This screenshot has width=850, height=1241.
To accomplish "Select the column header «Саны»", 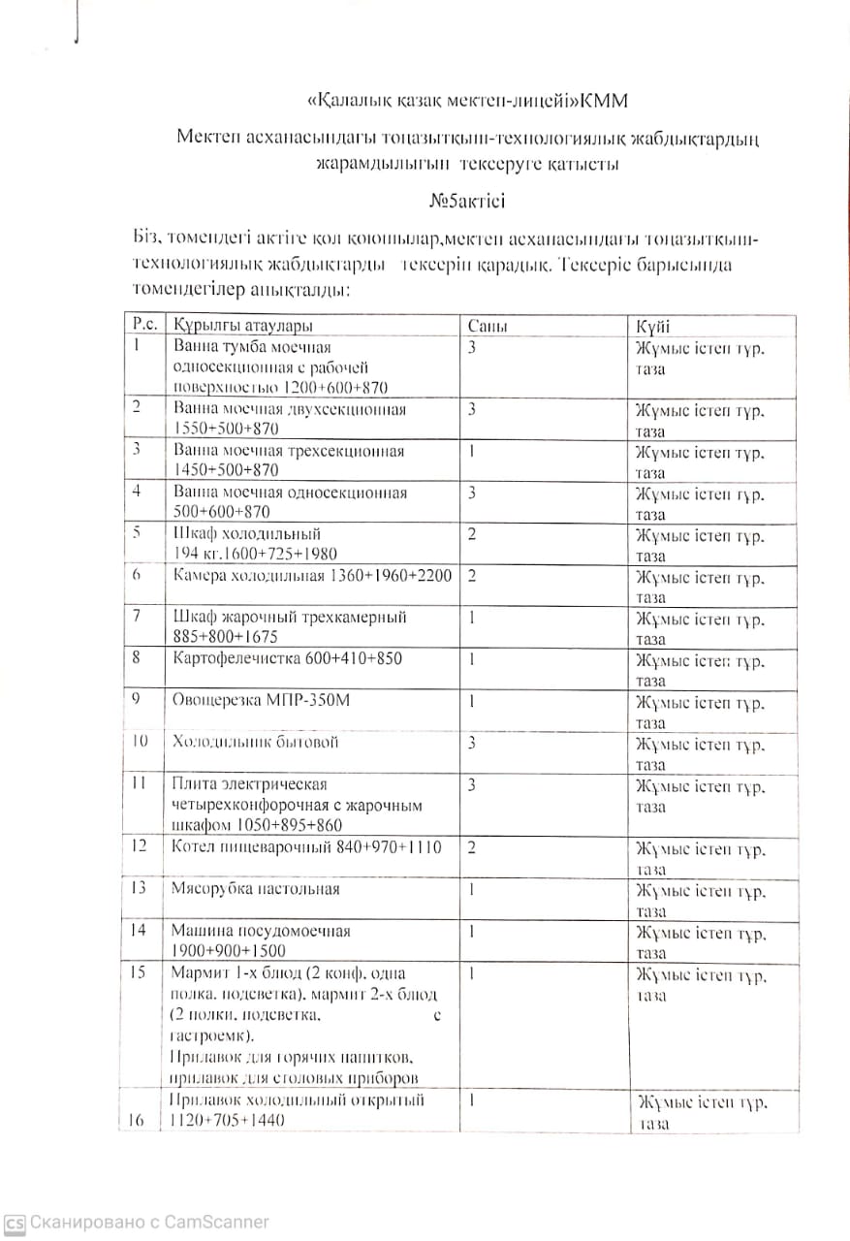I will coord(488,327).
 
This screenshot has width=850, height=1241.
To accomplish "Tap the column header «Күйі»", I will coord(651,327).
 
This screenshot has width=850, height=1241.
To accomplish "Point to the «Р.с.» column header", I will coord(142,326).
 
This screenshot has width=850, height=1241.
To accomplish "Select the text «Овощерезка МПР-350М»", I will coord(261,701).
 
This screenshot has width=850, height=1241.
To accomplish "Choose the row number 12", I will coord(139,846).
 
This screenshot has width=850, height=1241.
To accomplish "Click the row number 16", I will coord(137,1121).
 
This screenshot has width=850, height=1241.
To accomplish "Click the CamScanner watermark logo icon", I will coord(15,1223).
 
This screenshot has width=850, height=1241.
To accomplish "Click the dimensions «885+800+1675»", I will coord(227,637).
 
